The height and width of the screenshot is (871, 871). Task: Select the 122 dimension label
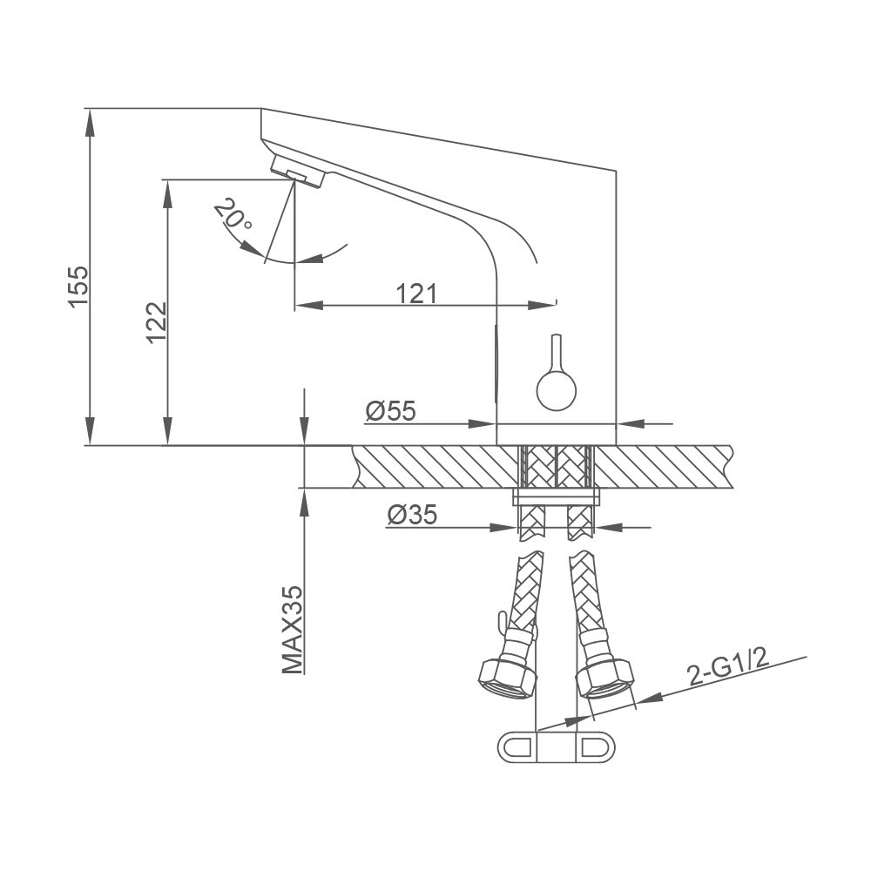[x=157, y=323]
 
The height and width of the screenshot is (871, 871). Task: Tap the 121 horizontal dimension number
[x=416, y=294]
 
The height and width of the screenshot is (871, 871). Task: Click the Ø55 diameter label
[x=390, y=411]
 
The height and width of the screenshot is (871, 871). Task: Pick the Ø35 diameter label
[x=412, y=515]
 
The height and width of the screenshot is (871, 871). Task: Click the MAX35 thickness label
[x=293, y=630]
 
